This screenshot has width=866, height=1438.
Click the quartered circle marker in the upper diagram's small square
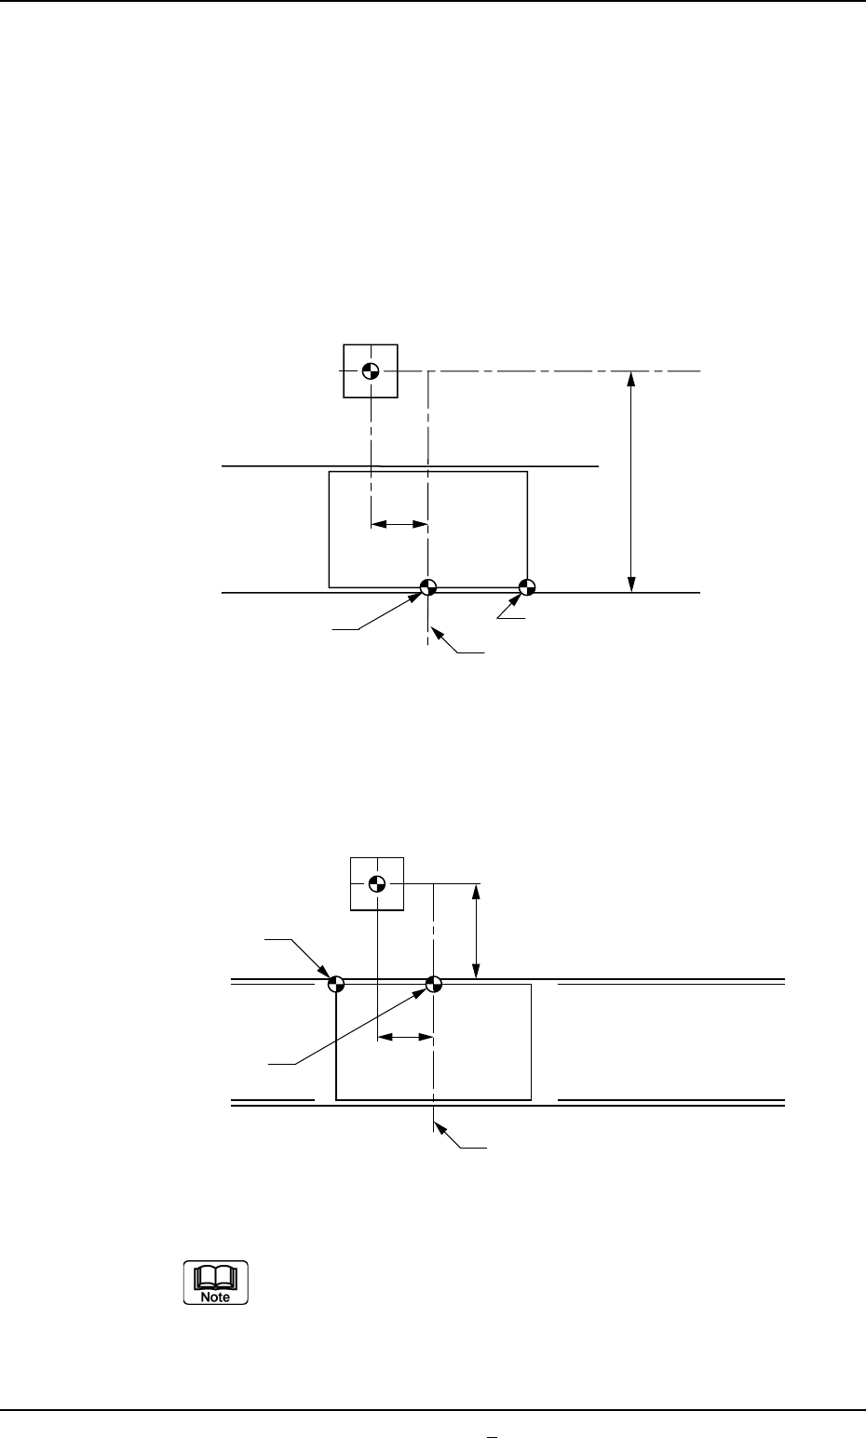(x=371, y=370)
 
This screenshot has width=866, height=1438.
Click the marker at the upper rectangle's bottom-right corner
(x=527, y=586)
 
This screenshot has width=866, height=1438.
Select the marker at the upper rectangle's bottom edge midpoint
(x=427, y=586)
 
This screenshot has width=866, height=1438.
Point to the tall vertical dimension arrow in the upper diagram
(x=631, y=481)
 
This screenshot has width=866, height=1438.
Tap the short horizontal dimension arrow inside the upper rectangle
(x=399, y=525)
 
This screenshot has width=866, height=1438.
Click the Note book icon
(x=215, y=1283)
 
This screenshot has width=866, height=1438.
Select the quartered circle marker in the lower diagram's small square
(x=376, y=882)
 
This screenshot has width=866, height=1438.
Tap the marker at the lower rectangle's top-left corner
(x=336, y=983)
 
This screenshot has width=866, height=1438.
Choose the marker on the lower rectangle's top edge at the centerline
(x=433, y=983)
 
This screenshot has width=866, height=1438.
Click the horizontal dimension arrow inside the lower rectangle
(x=405, y=1036)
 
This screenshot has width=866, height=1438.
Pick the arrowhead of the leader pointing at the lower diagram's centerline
(x=440, y=1129)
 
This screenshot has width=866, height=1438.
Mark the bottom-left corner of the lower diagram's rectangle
(x=336, y=1099)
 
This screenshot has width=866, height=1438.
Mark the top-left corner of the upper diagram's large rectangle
(x=330, y=472)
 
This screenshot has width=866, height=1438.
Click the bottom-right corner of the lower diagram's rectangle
(x=531, y=1099)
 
